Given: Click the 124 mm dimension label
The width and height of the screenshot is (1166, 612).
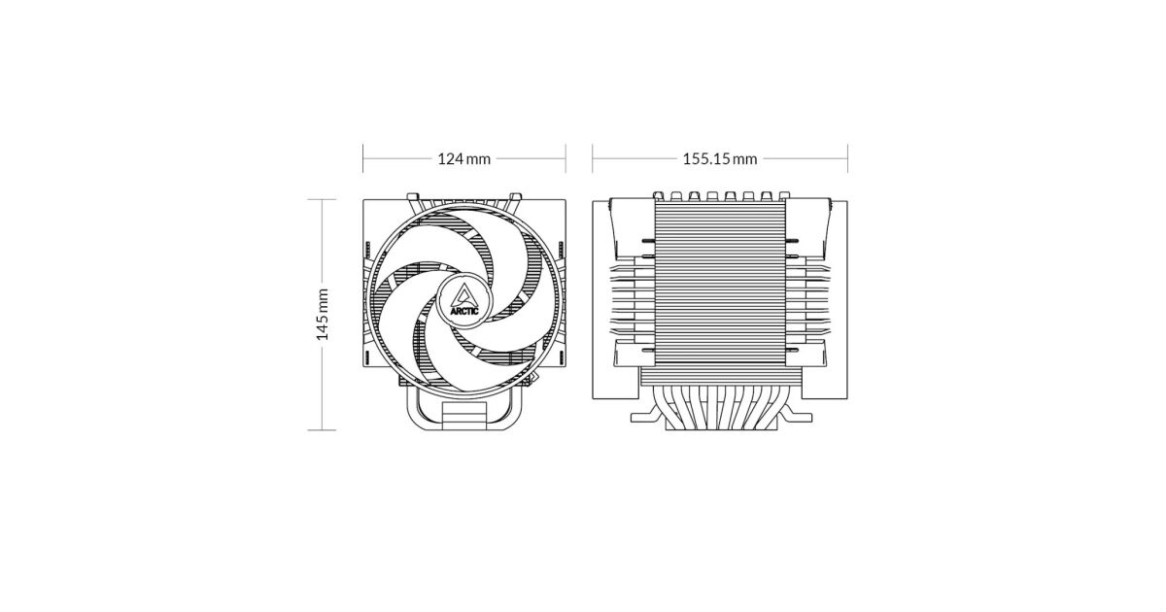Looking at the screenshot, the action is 463,158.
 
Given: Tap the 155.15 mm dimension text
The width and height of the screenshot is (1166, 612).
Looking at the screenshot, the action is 720,158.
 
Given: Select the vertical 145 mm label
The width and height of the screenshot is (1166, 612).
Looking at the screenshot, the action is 323,315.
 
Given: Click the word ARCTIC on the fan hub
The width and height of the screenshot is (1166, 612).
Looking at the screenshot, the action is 464,312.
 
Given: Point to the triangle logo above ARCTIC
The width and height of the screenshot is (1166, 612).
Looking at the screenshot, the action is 464,294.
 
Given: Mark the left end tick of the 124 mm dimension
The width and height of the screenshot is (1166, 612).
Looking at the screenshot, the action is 362,158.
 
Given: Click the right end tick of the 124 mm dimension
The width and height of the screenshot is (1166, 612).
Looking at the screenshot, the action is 566,158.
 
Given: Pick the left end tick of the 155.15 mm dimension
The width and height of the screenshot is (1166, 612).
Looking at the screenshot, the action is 593,158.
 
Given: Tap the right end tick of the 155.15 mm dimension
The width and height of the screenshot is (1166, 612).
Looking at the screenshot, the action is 847,158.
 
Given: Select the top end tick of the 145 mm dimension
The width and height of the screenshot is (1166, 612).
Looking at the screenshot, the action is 322,199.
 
